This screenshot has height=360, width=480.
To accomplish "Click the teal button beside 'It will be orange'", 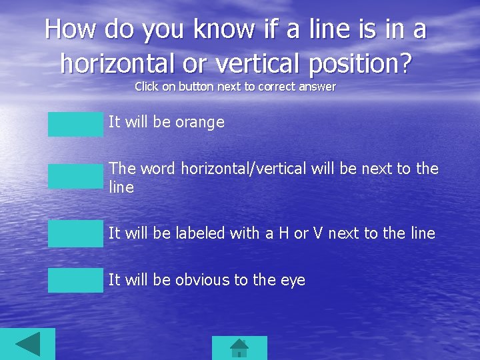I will pos(75,124).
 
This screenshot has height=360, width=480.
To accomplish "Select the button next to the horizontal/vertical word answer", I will pos(75,177).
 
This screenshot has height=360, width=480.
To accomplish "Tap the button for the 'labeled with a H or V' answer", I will pos(75,233).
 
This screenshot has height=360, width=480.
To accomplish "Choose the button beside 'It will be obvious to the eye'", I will pos(75,280).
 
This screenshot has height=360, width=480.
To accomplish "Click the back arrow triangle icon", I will pos(27,345).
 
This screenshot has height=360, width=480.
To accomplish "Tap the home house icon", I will pos(239,348).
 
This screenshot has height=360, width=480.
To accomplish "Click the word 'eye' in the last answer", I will pos(293,281).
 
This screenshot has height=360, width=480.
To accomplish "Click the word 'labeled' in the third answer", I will pos(200,233).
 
